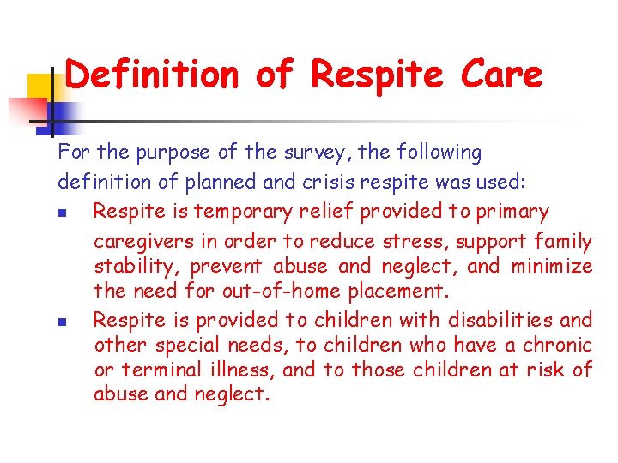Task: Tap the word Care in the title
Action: pyautogui.click(x=501, y=75)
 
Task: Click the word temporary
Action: pyautogui.click(x=244, y=211)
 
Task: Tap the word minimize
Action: pyautogui.click(x=551, y=266)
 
